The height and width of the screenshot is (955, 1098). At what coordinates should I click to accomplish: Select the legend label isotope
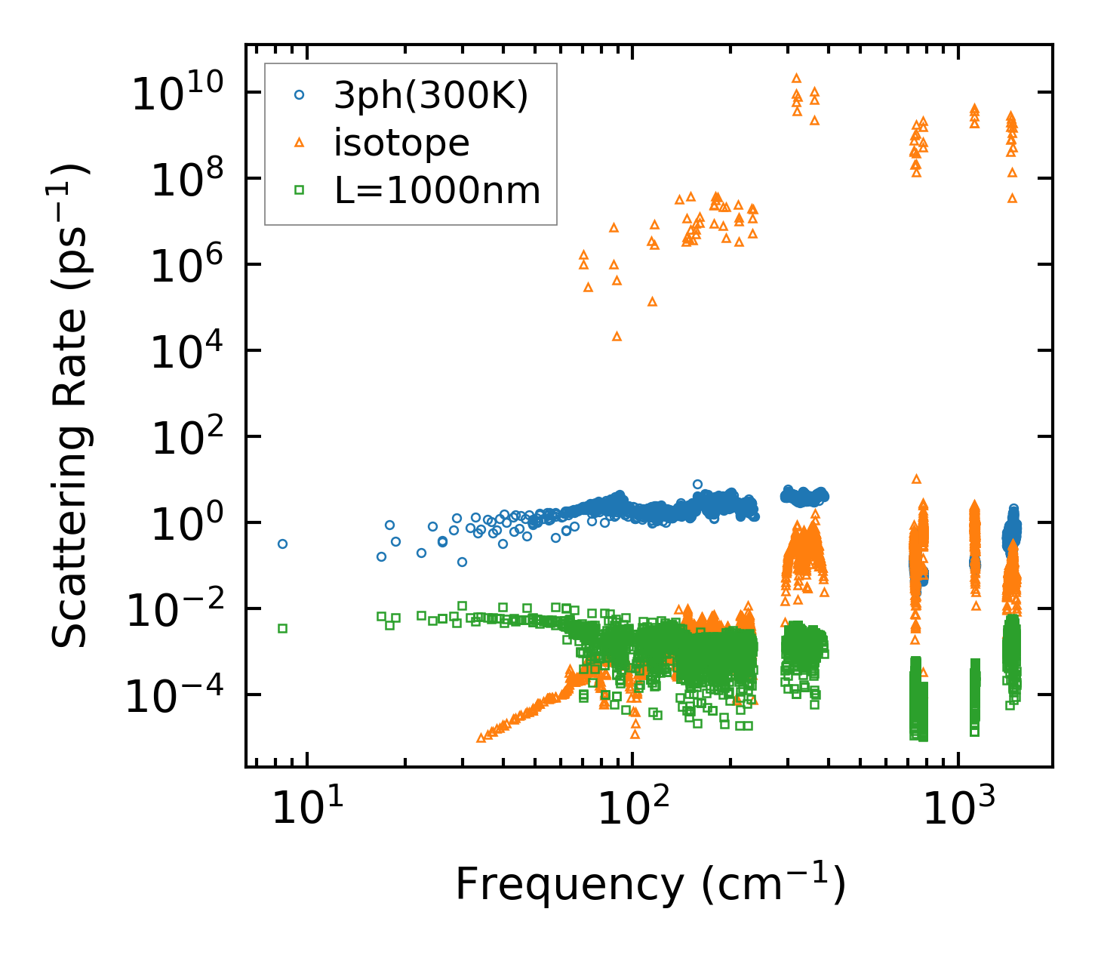tap(401, 143)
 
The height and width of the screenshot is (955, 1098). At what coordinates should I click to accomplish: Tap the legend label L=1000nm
tap(438, 191)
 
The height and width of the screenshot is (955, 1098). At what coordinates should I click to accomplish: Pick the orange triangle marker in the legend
tap(300, 143)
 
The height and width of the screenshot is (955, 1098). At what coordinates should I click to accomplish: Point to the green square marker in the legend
tap(300, 190)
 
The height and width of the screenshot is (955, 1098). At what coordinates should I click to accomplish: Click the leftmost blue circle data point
tap(282, 544)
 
